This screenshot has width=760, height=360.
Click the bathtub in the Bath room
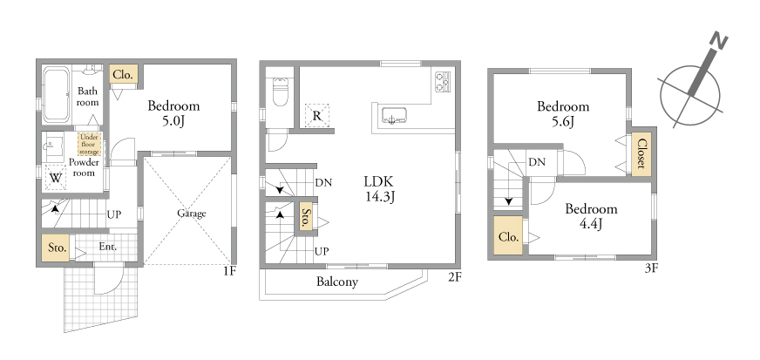pyautogui.click(x=57, y=95)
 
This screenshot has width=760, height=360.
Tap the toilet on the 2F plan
pyautogui.click(x=281, y=92)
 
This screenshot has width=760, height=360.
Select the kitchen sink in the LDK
pyautogui.click(x=394, y=116)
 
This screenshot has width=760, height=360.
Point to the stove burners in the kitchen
pyautogui.click(x=443, y=81)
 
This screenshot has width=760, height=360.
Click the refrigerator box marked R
pyautogui.click(x=317, y=116)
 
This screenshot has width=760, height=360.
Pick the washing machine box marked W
pyautogui.click(x=56, y=178)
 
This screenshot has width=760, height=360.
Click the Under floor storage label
pyautogui.click(x=89, y=145)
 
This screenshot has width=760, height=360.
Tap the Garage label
pyautogui.click(x=192, y=214)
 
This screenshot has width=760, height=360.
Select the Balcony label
pyautogui.click(x=337, y=282)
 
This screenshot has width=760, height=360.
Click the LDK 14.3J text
pyautogui.click(x=379, y=189)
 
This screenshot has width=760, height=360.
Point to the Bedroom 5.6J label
pyautogui.click(x=563, y=113)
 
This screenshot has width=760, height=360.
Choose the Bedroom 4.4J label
pyautogui.click(x=591, y=216)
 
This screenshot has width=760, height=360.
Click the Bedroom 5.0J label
pyautogui.click(x=173, y=113)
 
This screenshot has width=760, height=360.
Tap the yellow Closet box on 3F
pyautogui.click(x=641, y=153)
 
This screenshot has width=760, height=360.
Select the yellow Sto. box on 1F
pyautogui.click(x=55, y=248)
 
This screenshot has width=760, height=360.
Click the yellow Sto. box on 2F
pyautogui.click(x=305, y=219)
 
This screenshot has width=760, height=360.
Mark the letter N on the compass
pyautogui.click(x=718, y=42)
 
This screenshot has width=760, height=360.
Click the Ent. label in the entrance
pyautogui.click(x=107, y=247)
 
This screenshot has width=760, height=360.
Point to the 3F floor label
pyautogui.click(x=651, y=268)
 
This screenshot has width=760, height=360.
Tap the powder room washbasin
pyautogui.click(x=52, y=143)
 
